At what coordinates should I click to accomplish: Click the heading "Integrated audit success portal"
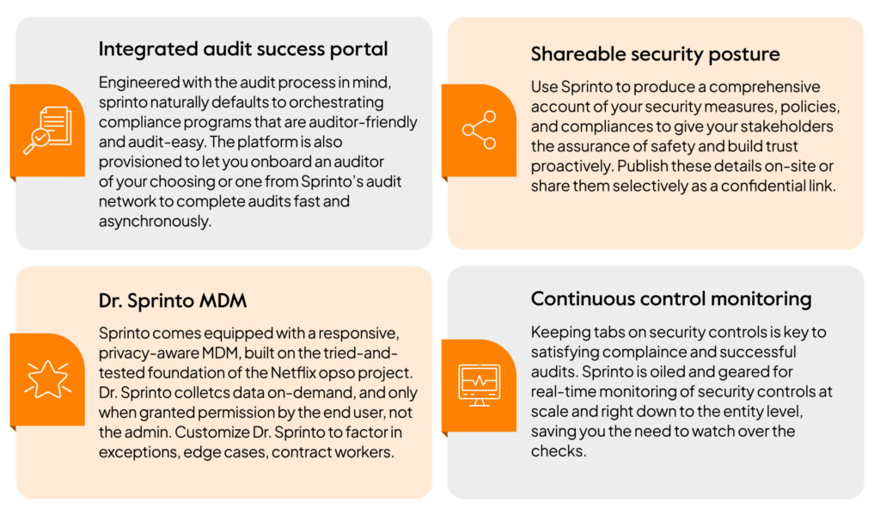click(243, 49)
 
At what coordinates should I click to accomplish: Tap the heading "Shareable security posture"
click(655, 54)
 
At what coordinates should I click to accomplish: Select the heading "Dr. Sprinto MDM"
click(172, 301)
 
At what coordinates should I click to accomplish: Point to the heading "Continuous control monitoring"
click(670, 299)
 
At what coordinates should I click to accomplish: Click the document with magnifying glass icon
click(48, 130)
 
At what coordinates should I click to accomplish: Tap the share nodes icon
click(480, 130)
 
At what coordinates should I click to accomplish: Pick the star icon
click(48, 380)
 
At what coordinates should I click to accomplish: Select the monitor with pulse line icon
click(480, 384)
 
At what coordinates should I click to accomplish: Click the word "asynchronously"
click(155, 222)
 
